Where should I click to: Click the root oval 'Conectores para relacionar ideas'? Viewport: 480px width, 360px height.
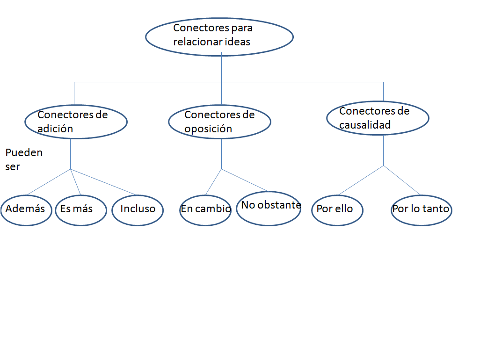pos(219,36)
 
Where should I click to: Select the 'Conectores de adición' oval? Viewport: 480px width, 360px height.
pos(76,122)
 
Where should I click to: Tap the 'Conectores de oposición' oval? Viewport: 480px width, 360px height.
pos(219,122)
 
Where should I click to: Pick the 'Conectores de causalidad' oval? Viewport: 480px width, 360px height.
pos(377,118)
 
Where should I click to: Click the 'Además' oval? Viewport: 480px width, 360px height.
pos(26,210)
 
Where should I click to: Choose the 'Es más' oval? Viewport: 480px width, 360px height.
pos(80,210)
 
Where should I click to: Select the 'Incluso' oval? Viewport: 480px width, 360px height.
pos(138,210)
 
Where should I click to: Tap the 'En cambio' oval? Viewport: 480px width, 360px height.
pos(205,210)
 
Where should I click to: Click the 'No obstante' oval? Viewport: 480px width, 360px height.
pos(269,209)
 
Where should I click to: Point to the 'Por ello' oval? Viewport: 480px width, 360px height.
pos(337,210)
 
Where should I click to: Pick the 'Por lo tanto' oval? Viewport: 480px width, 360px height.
pos(421,210)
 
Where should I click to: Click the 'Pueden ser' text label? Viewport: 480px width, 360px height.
pos(23,159)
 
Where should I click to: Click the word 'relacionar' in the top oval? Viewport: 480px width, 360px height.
pos(193,42)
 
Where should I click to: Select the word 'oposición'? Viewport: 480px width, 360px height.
pos(208,129)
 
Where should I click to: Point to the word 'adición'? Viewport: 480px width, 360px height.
pos(55,129)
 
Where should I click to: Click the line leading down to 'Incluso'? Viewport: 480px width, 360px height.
pos(103,182)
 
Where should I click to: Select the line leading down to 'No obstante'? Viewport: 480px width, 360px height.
pos(244,180)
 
